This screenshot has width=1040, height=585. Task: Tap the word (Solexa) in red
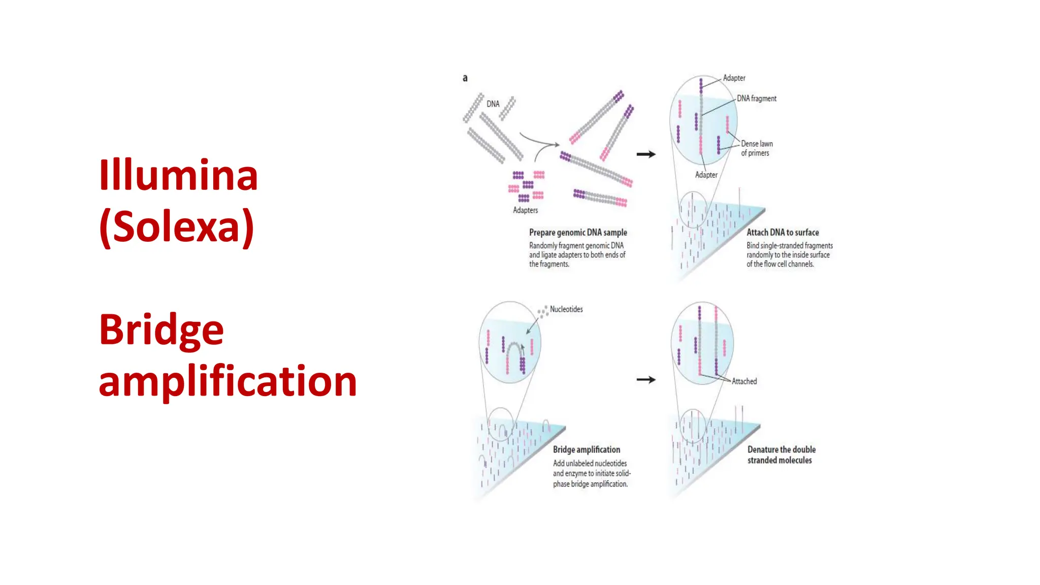(x=177, y=226)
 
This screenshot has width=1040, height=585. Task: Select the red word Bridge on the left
(x=161, y=330)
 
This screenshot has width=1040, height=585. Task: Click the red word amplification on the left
(x=227, y=381)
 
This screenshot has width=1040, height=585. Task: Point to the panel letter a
(x=465, y=78)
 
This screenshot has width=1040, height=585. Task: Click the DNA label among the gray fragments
(x=493, y=104)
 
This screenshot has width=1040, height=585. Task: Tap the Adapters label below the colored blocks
(x=525, y=210)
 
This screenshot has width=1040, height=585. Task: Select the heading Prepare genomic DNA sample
(x=578, y=233)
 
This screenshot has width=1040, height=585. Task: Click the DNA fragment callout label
(x=756, y=99)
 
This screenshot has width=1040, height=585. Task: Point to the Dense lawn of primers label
(x=756, y=148)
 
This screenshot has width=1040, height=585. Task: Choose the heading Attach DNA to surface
(x=783, y=233)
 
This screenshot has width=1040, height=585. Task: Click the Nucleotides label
(x=566, y=309)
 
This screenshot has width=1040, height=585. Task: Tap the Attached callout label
(x=744, y=381)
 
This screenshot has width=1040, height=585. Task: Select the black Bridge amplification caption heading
(x=587, y=450)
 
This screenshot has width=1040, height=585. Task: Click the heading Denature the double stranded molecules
(x=781, y=455)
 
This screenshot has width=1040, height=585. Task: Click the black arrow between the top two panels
(x=646, y=154)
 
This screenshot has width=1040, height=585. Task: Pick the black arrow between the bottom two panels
(x=646, y=380)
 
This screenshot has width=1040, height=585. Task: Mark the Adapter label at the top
(x=734, y=78)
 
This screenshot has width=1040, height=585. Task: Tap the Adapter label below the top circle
(x=706, y=175)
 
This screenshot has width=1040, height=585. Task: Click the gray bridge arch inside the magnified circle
(x=514, y=347)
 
